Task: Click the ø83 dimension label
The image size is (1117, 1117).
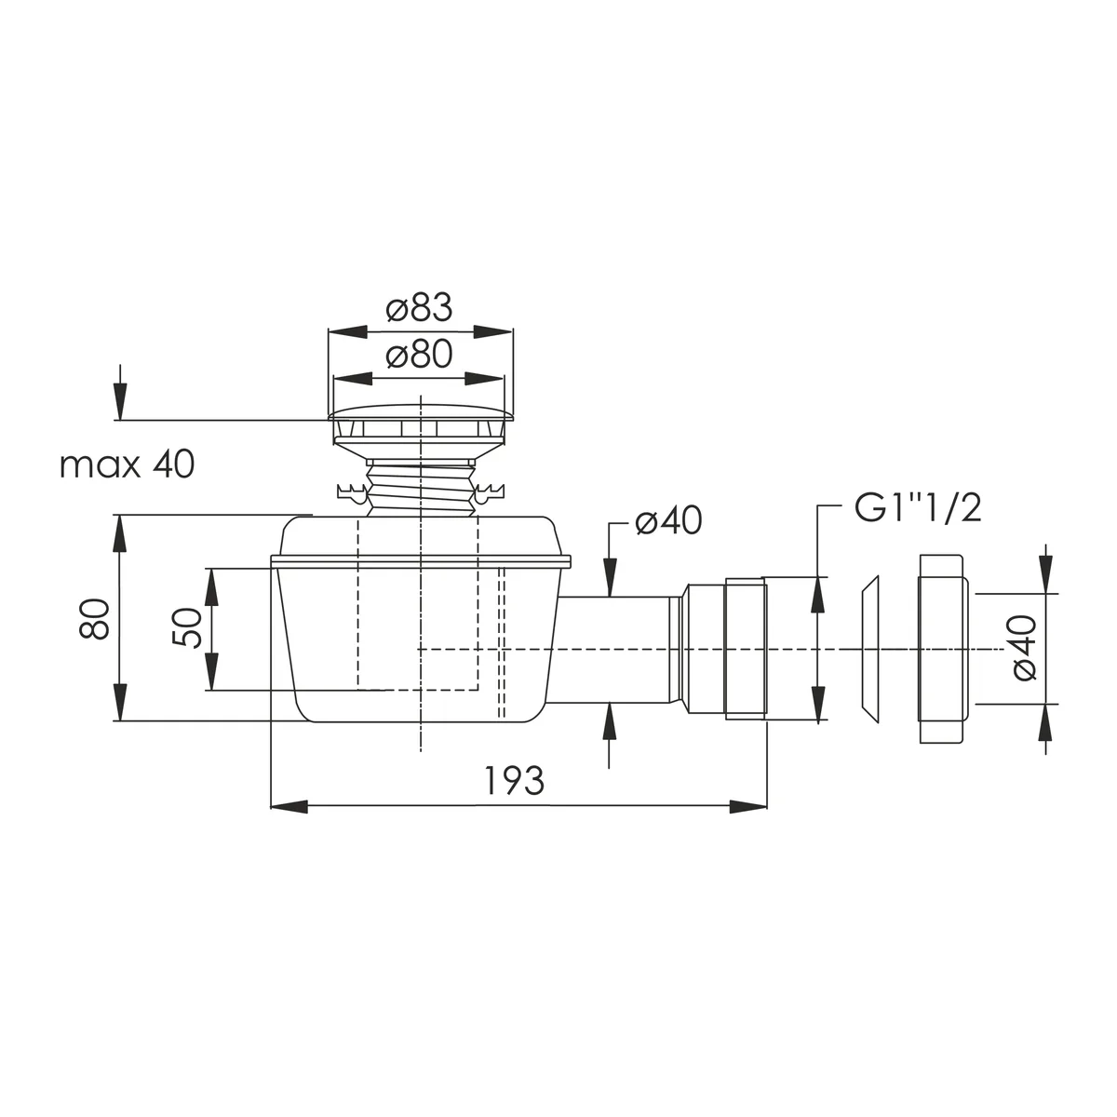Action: (x=419, y=308)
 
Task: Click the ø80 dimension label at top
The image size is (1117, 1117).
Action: (x=419, y=354)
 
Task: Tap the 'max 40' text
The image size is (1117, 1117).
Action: (x=127, y=464)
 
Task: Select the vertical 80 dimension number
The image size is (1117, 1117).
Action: (x=95, y=619)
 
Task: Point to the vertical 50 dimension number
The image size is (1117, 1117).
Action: (x=187, y=627)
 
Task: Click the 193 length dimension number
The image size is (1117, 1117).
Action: (x=514, y=781)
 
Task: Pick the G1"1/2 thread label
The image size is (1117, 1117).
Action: (x=918, y=508)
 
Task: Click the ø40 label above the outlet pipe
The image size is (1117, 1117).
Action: (x=668, y=520)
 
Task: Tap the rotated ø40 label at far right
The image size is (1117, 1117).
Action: (x=1024, y=648)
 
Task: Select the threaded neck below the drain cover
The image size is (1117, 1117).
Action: (x=421, y=488)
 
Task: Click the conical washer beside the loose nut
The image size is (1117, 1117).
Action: (x=868, y=649)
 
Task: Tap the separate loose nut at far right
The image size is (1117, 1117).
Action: (x=943, y=649)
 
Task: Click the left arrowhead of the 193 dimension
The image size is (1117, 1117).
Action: (x=289, y=806)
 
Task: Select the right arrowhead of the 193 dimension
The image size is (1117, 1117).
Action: (x=748, y=806)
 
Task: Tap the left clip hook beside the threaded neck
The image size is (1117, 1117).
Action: (x=351, y=491)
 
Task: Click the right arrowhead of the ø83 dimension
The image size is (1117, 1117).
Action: (x=493, y=332)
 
